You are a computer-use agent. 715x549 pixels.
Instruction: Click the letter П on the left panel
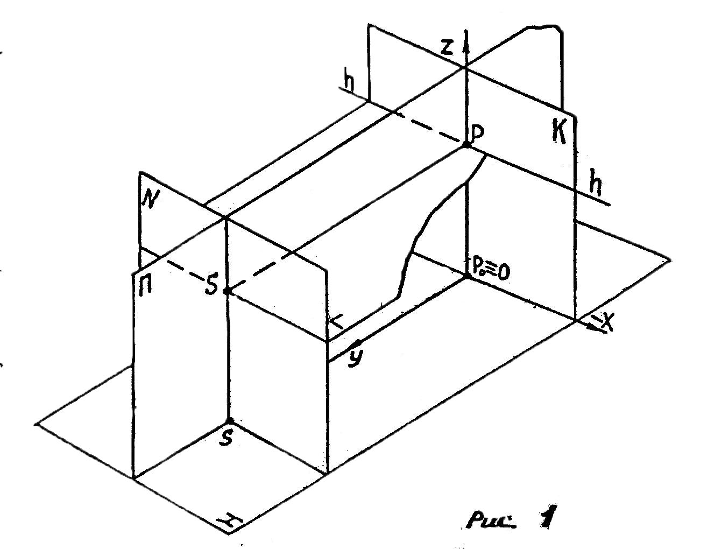[145, 283]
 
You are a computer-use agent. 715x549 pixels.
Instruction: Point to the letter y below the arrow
[353, 357]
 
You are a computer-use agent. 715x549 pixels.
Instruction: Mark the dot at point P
[466, 145]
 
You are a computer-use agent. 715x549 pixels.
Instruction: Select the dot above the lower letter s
[229, 421]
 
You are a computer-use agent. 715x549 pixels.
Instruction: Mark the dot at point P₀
[466, 276]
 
